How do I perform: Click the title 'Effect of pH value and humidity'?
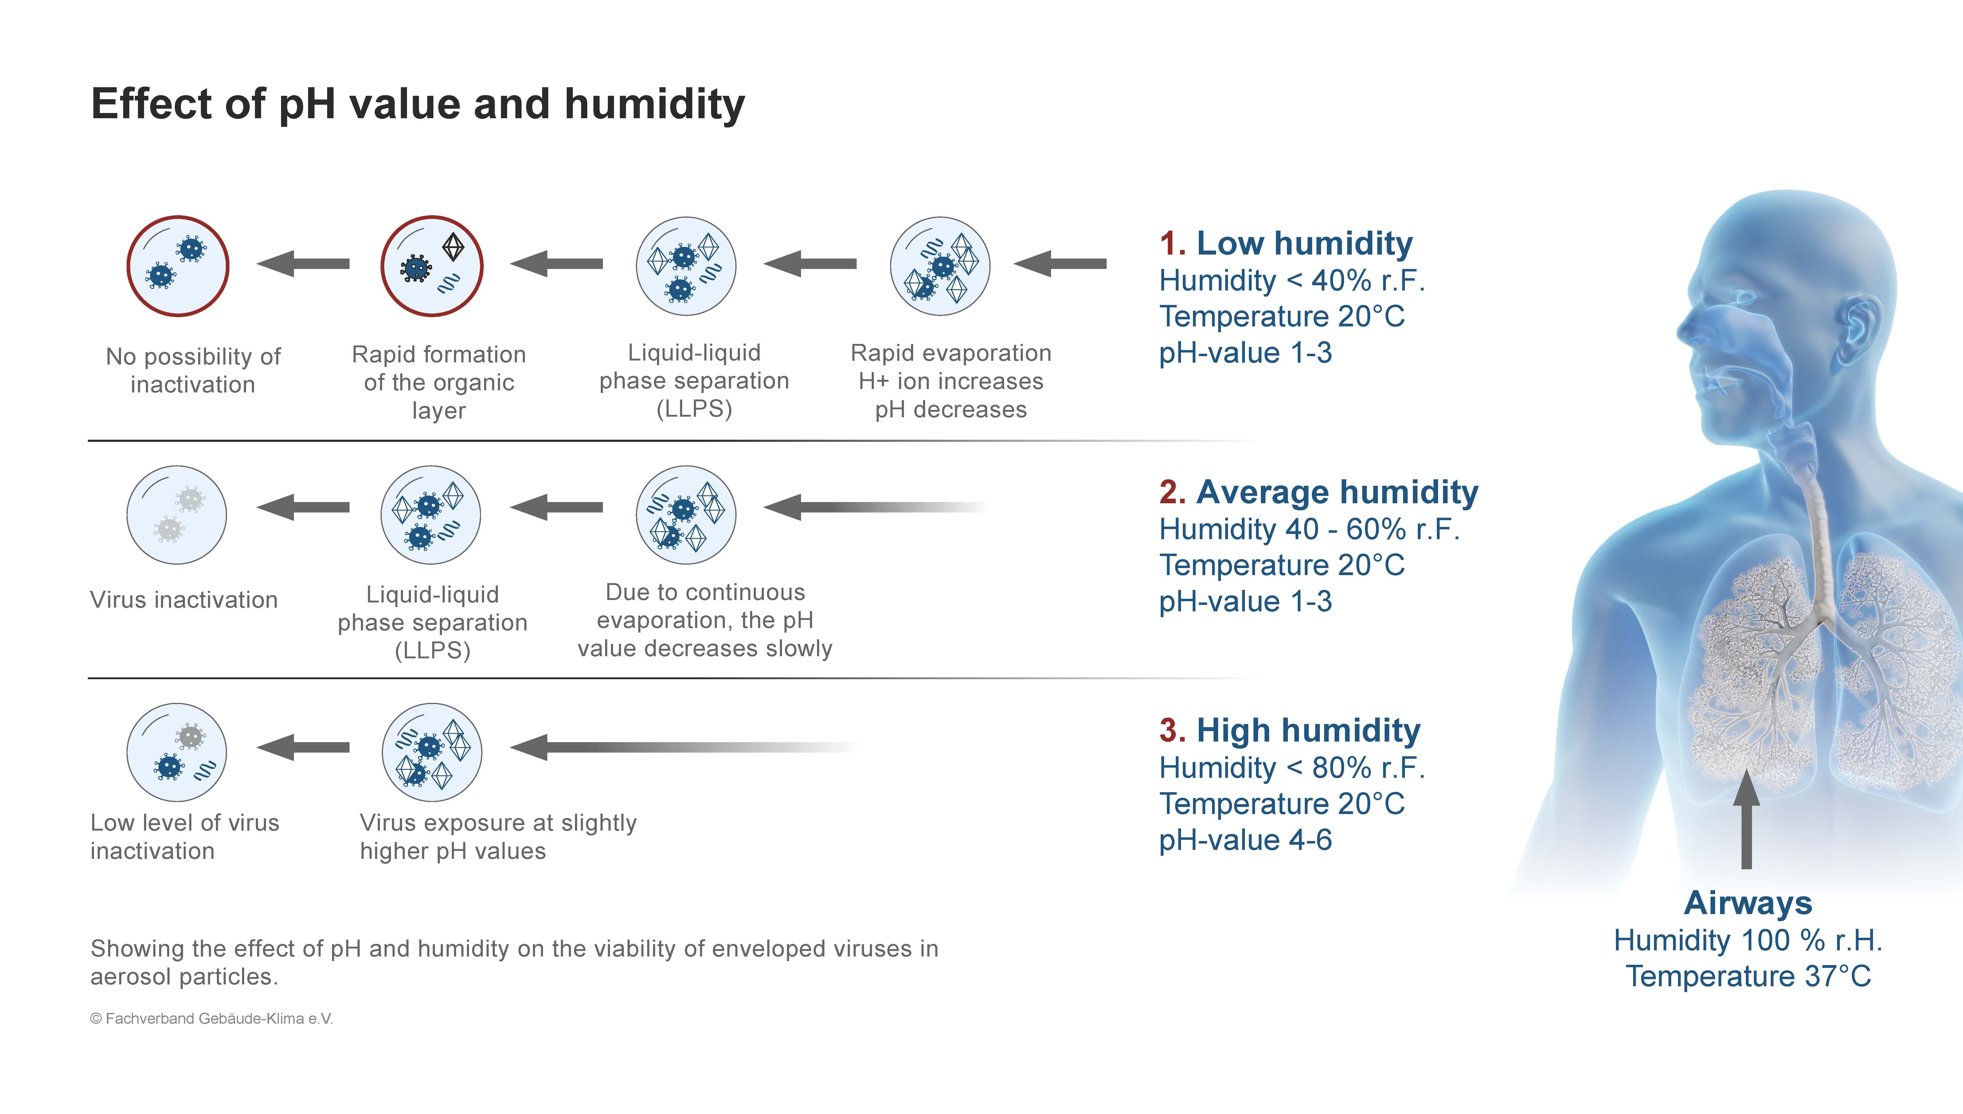(418, 105)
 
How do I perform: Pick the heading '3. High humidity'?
(1289, 731)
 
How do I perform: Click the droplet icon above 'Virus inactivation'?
(177, 515)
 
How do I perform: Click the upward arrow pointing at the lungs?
(1746, 819)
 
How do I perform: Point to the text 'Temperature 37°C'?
(1748, 976)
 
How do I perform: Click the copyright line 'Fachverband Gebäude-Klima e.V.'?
(212, 1019)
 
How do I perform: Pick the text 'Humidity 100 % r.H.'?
(1748, 940)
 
